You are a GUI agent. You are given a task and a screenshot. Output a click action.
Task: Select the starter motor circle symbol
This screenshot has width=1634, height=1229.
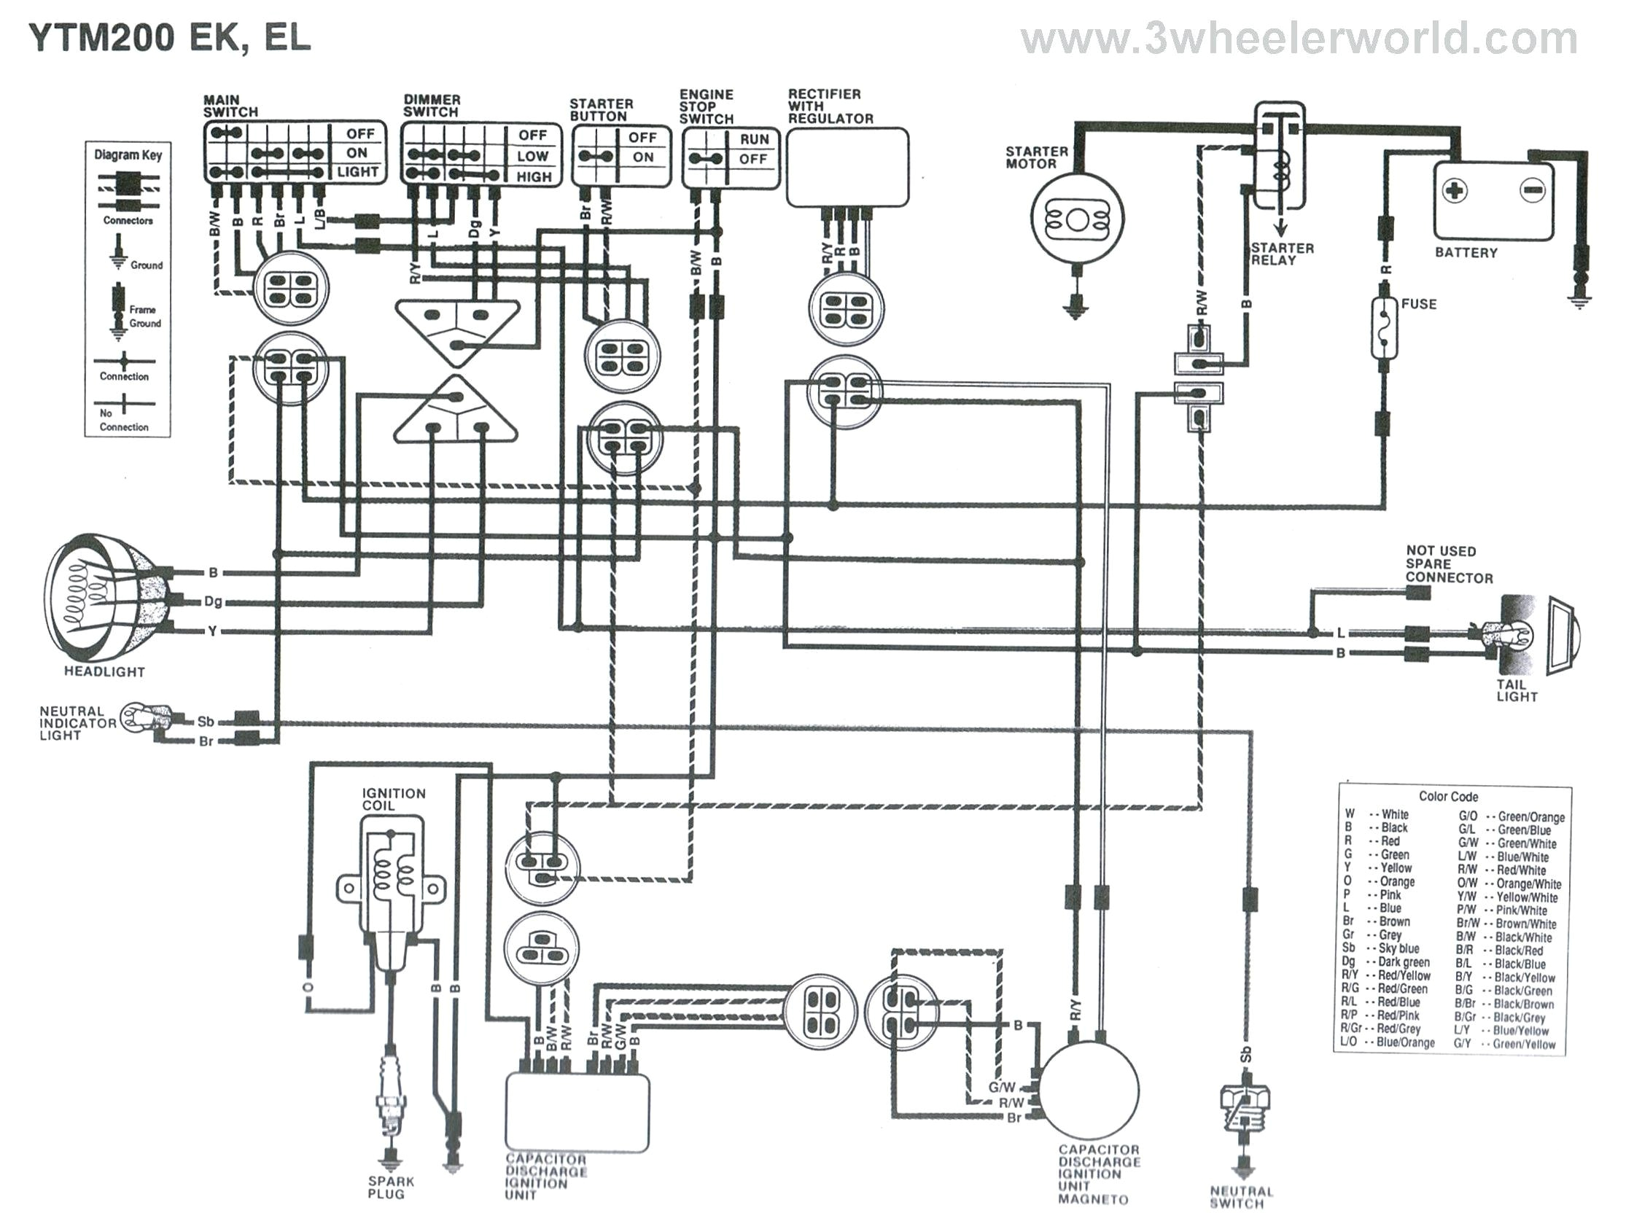click(1076, 219)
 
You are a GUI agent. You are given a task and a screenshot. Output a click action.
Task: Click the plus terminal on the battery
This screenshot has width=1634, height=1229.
click(1454, 191)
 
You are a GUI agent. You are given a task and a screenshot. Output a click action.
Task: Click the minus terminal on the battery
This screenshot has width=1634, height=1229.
click(1531, 190)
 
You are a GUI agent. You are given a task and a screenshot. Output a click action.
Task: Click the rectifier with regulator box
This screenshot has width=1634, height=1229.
click(847, 167)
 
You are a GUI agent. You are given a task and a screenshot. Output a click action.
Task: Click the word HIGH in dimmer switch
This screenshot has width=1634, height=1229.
click(533, 177)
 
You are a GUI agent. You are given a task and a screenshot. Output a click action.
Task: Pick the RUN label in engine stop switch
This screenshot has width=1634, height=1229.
click(753, 139)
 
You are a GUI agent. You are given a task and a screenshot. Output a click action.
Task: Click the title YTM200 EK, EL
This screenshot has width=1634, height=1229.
click(170, 37)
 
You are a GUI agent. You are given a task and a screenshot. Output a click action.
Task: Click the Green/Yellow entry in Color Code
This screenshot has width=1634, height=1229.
click(1522, 1044)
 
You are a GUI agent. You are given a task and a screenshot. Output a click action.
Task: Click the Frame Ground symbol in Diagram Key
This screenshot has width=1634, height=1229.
click(117, 311)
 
